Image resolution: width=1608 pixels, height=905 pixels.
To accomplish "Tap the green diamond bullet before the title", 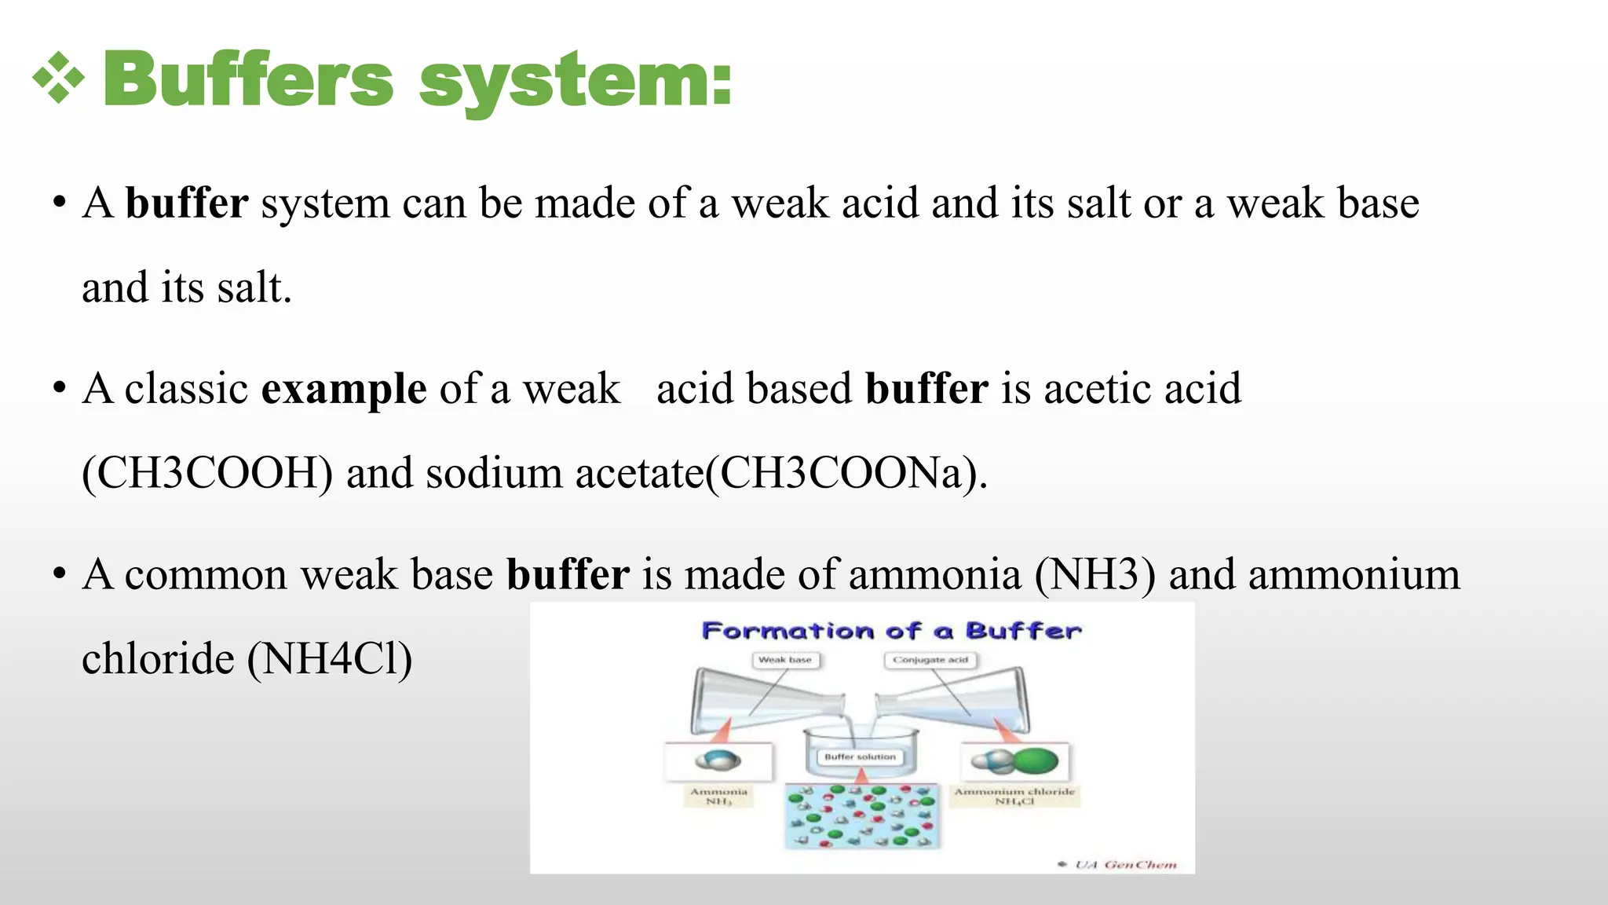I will pyautogui.click(x=58, y=78).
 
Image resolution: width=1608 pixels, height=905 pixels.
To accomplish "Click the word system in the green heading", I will pyautogui.click(x=576, y=81).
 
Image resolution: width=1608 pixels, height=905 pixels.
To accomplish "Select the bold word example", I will pyautogui.click(x=344, y=389).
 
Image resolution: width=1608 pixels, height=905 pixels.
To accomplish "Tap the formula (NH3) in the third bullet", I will pyautogui.click(x=1095, y=574).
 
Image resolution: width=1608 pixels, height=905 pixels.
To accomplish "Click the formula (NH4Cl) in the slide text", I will pyautogui.click(x=329, y=658).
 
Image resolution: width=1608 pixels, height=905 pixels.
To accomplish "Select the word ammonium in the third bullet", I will pyautogui.click(x=1354, y=574).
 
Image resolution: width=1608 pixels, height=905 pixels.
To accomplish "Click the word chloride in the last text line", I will pyautogui.click(x=158, y=658).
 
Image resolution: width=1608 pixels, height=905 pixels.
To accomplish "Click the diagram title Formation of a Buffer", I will pyautogui.click(x=891, y=631).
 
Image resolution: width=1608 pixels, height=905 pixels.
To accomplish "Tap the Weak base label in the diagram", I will pyautogui.click(x=785, y=660).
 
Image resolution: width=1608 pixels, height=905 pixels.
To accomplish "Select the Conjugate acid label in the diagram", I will pyautogui.click(x=930, y=660).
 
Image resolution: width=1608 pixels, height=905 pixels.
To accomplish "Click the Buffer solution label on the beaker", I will pyautogui.click(x=860, y=757).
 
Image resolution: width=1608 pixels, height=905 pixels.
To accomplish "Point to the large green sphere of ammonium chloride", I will pyautogui.click(x=1035, y=760).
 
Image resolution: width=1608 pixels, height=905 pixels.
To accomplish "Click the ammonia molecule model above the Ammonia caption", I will pyautogui.click(x=718, y=760).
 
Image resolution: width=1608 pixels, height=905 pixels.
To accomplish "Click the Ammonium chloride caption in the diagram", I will pyautogui.click(x=1014, y=792).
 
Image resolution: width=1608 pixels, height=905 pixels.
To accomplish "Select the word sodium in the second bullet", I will pyautogui.click(x=494, y=474).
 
